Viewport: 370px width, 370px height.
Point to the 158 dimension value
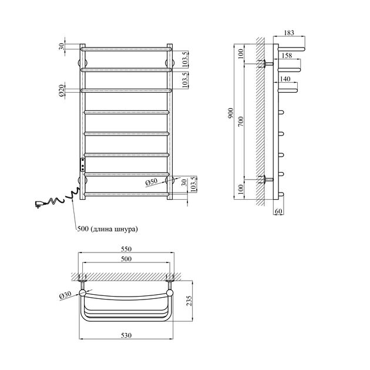[287, 56]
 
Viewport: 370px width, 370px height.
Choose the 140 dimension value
[285, 79]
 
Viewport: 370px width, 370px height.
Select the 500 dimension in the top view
[126, 259]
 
